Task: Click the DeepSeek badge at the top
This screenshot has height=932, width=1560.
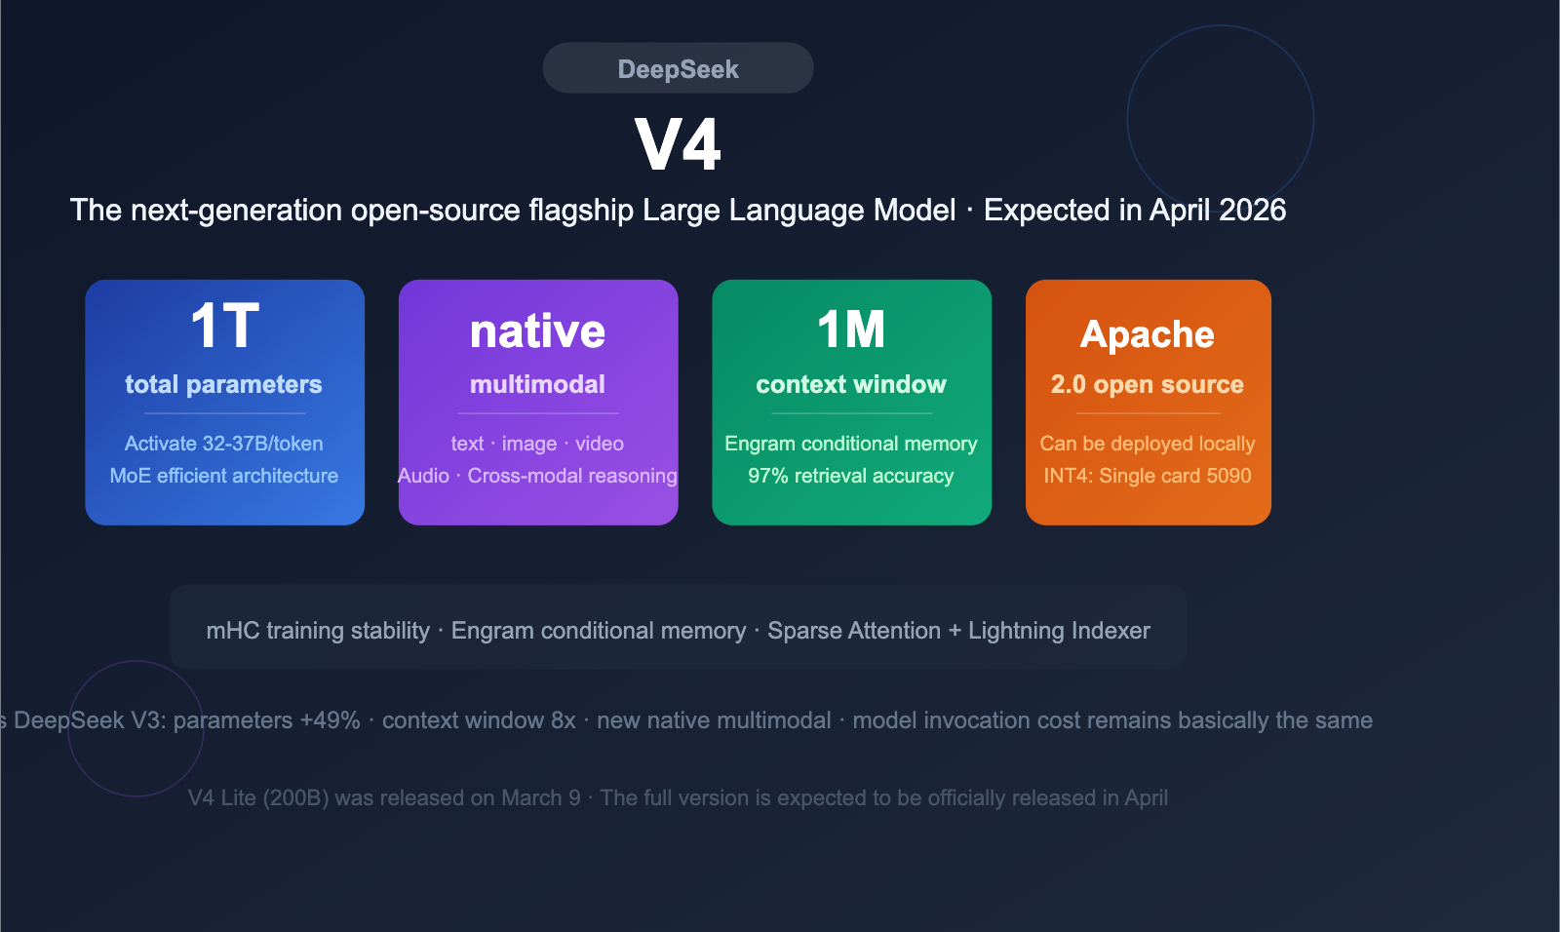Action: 678,68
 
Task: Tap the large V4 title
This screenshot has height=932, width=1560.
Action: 678,144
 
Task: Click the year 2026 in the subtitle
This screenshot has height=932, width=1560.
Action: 1252,211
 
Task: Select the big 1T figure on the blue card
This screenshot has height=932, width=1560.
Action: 224,326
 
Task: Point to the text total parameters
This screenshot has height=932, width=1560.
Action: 223,384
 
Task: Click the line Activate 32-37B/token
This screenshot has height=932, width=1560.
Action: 223,444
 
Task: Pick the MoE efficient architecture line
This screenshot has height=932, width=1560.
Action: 223,476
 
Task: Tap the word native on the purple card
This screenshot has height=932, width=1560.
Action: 537,331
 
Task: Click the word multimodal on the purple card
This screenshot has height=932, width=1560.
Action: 537,384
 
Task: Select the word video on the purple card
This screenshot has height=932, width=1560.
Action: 599,444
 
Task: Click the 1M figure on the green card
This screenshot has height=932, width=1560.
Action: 851,330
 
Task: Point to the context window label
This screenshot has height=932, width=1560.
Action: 851,384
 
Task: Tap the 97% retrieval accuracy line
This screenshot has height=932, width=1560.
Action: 851,476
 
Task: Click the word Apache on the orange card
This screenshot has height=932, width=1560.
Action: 1148,334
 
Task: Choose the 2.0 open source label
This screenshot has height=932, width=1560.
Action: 1148,384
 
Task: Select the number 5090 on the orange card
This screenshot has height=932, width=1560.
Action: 1228,476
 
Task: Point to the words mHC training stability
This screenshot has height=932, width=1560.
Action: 318,631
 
